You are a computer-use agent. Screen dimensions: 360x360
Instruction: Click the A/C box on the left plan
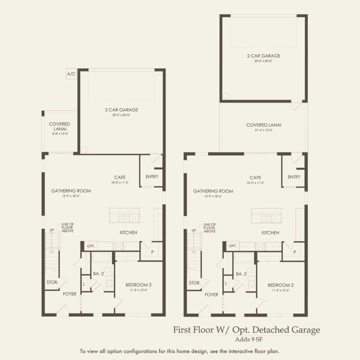pyautogui.click(x=71, y=74)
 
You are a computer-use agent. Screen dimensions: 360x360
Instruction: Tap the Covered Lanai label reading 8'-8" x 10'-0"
pyautogui.click(x=59, y=128)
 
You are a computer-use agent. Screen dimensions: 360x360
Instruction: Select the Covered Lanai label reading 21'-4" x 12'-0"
pyautogui.click(x=263, y=127)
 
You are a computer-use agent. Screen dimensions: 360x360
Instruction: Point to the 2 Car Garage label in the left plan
pyautogui.click(x=121, y=112)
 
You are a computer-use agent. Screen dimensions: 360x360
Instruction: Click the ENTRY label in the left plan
pyautogui.click(x=152, y=176)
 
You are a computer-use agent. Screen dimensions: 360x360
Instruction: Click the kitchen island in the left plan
pyautogui.click(x=125, y=215)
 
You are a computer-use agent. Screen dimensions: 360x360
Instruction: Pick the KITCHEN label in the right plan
pyautogui.click(x=270, y=233)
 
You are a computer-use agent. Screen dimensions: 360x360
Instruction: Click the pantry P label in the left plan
pyautogui.click(x=153, y=251)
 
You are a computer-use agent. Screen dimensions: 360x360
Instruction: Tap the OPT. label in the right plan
pyautogui.click(x=233, y=246)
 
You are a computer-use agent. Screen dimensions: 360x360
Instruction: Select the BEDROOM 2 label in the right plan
pyautogui.click(x=281, y=287)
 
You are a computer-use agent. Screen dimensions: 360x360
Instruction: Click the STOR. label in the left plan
pyautogui.click(x=52, y=282)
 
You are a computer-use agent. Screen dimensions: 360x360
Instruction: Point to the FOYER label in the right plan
pyautogui.click(x=211, y=295)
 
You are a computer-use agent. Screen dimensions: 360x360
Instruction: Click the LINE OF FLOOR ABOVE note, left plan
pyautogui.click(x=68, y=228)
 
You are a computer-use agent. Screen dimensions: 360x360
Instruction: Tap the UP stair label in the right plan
pyautogui.click(x=194, y=230)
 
